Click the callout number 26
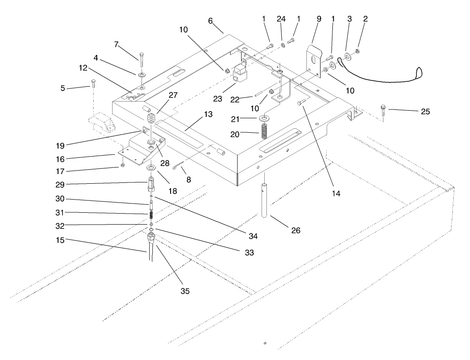[296, 230]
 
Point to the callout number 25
[425, 112]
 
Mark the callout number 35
[186, 291]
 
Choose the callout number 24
[281, 19]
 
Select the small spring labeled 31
[151, 215]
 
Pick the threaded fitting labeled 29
[151, 184]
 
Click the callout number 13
[208, 114]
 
